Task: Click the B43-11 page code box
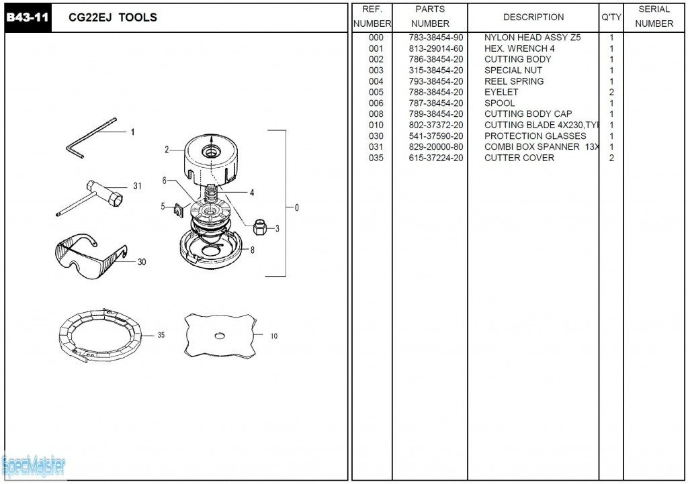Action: [28, 17]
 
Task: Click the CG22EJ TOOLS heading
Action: [113, 17]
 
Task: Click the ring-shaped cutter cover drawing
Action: [100, 336]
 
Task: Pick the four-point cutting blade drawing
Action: [219, 335]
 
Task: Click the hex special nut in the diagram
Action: [260, 227]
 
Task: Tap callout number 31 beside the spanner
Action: [137, 186]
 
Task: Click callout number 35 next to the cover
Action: [161, 335]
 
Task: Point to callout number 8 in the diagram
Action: [252, 250]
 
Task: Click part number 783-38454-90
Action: [436, 38]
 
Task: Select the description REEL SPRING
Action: [514, 81]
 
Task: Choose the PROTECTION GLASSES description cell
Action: [535, 136]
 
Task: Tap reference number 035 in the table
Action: [376, 158]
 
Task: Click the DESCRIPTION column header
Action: [533, 17]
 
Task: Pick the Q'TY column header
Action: [611, 17]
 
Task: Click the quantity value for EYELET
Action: [611, 92]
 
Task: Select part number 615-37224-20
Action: [436, 158]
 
